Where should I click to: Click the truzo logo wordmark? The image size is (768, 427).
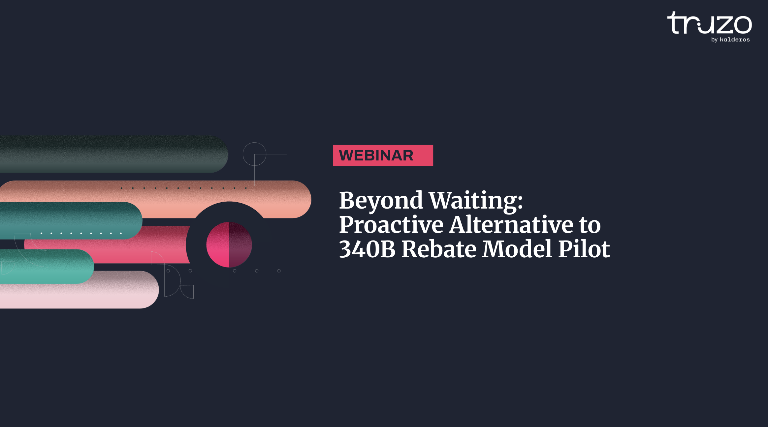click(x=709, y=23)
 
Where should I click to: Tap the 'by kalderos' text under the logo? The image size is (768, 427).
click(x=730, y=40)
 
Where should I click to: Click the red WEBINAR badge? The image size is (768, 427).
click(x=383, y=155)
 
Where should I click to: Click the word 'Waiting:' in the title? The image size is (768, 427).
click(x=476, y=200)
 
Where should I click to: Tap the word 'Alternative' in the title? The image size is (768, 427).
click(x=511, y=224)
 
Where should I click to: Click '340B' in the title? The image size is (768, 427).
click(x=367, y=249)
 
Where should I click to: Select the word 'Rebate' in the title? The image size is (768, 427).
click(x=439, y=249)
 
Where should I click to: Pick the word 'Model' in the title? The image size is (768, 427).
click(x=517, y=248)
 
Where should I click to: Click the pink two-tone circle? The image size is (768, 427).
click(x=229, y=244)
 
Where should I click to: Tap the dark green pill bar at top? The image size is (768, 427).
click(x=114, y=154)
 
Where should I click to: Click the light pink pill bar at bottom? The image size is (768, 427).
click(x=79, y=290)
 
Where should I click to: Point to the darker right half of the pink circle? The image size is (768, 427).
click(x=240, y=244)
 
